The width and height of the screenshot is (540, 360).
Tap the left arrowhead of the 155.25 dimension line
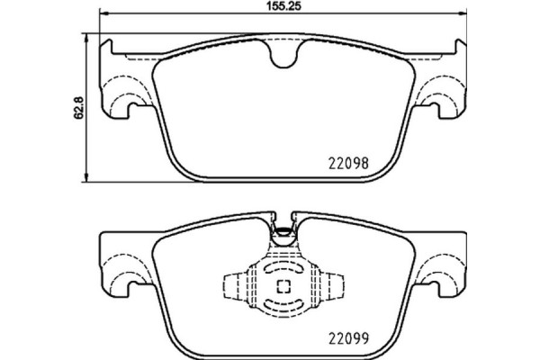(101, 14)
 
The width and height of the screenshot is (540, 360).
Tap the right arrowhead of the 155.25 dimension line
(463, 14)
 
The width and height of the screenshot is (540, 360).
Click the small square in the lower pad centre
(282, 287)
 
